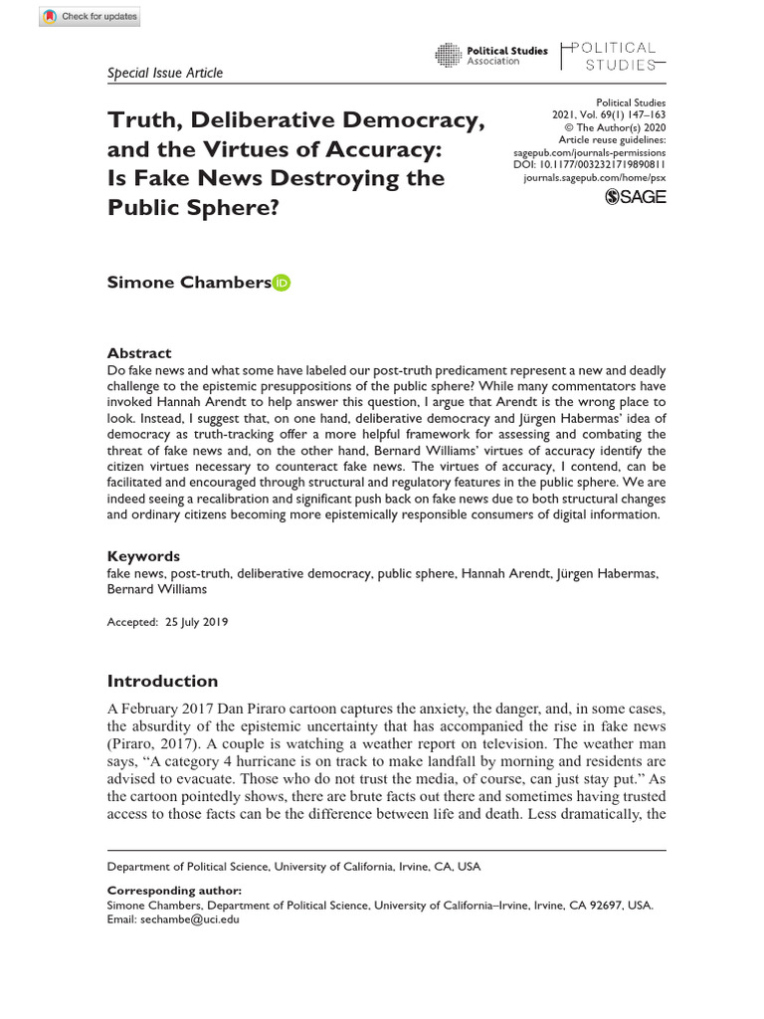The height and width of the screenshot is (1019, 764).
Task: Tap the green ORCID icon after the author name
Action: (x=282, y=284)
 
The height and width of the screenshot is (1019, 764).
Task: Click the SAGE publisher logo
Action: (x=635, y=196)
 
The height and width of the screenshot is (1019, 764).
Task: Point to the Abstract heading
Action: (x=139, y=353)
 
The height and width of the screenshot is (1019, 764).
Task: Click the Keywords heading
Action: (x=143, y=556)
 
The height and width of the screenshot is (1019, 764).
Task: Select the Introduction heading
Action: (x=162, y=682)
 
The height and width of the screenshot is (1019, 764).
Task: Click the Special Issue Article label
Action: (x=164, y=73)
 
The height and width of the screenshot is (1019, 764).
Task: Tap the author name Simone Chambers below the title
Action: (x=188, y=283)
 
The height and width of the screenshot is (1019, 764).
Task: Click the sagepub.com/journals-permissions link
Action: (x=589, y=151)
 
